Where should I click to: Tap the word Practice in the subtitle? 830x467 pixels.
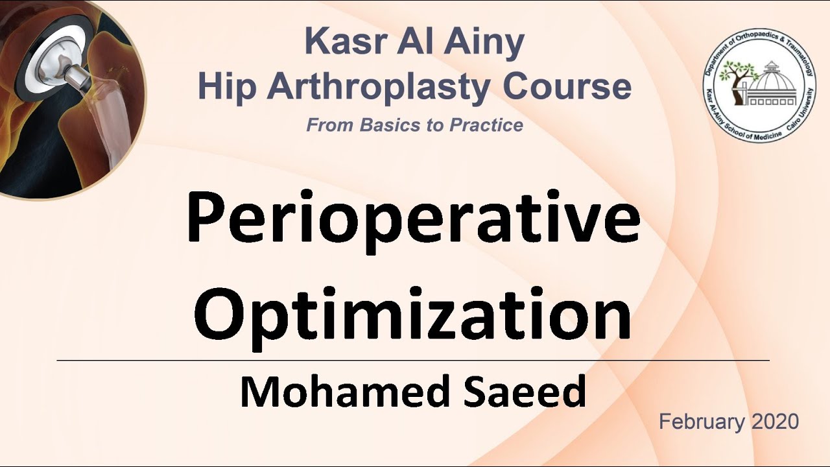pyautogui.click(x=484, y=125)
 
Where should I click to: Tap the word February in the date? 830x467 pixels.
pyautogui.click(x=702, y=422)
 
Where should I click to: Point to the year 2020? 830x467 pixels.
pyautogui.click(x=775, y=422)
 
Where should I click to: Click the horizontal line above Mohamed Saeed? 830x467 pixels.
pyautogui.click(x=413, y=360)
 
